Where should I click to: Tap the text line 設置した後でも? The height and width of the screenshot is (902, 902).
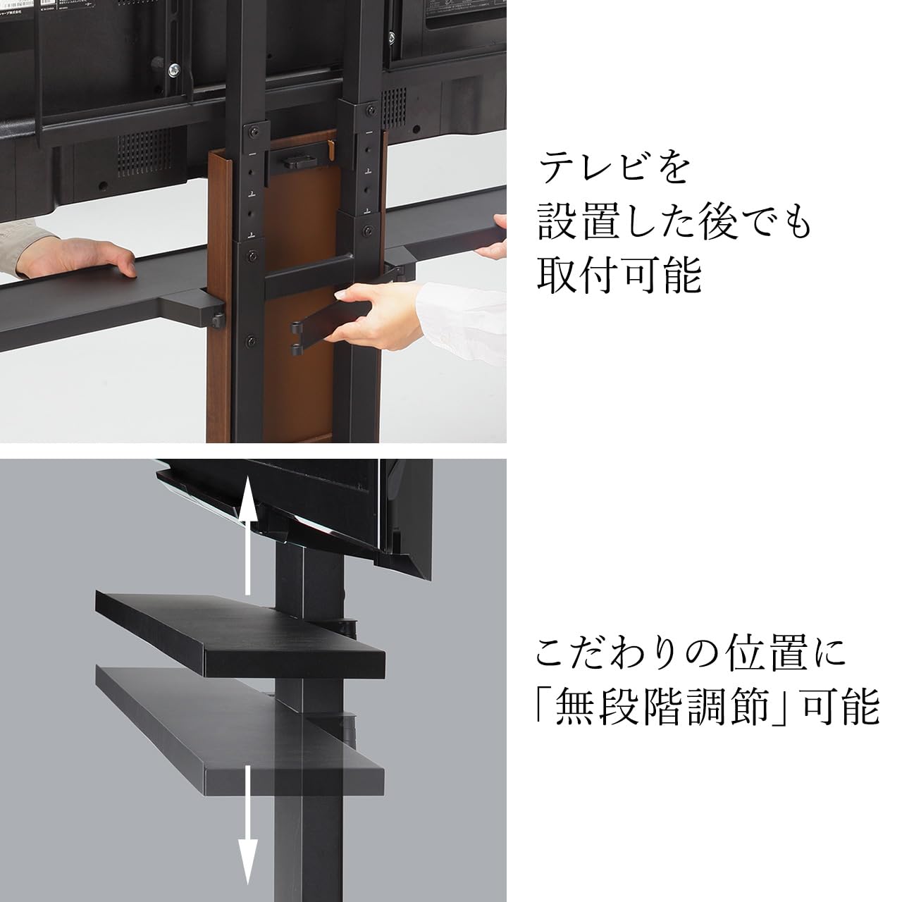674,221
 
